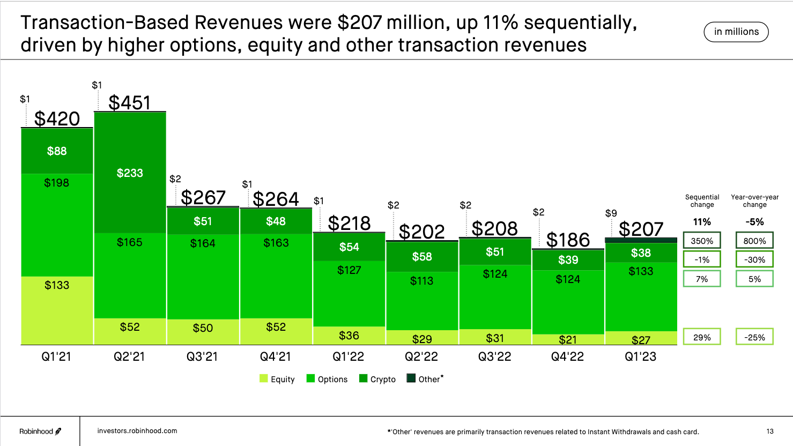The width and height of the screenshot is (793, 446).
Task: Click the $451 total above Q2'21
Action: tap(130, 102)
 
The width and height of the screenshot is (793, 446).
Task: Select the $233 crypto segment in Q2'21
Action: tap(130, 173)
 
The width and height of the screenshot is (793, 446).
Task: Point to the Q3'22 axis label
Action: tap(494, 356)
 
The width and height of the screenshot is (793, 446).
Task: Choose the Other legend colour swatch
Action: tap(411, 378)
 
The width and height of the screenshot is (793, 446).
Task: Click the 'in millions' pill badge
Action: tap(736, 32)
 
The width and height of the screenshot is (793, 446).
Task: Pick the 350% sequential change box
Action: tap(702, 241)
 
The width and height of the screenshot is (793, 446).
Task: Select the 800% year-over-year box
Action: tap(754, 241)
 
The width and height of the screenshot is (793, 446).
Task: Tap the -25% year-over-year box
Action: tap(754, 337)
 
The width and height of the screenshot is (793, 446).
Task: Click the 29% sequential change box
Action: tap(702, 337)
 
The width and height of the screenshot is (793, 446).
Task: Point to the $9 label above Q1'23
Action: tap(611, 213)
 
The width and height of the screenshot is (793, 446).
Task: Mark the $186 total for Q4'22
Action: tap(568, 240)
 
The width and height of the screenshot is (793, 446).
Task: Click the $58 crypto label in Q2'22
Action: tap(422, 257)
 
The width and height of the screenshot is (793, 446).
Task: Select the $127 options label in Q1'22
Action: tap(349, 270)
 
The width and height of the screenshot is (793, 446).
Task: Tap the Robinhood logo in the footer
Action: tap(40, 432)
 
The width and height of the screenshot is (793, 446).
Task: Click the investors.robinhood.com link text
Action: tap(137, 431)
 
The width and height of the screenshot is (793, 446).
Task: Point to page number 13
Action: tap(770, 432)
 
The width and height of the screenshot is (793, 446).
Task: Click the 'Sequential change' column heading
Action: tap(702, 201)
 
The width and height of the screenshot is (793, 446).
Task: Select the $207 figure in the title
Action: tap(359, 23)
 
